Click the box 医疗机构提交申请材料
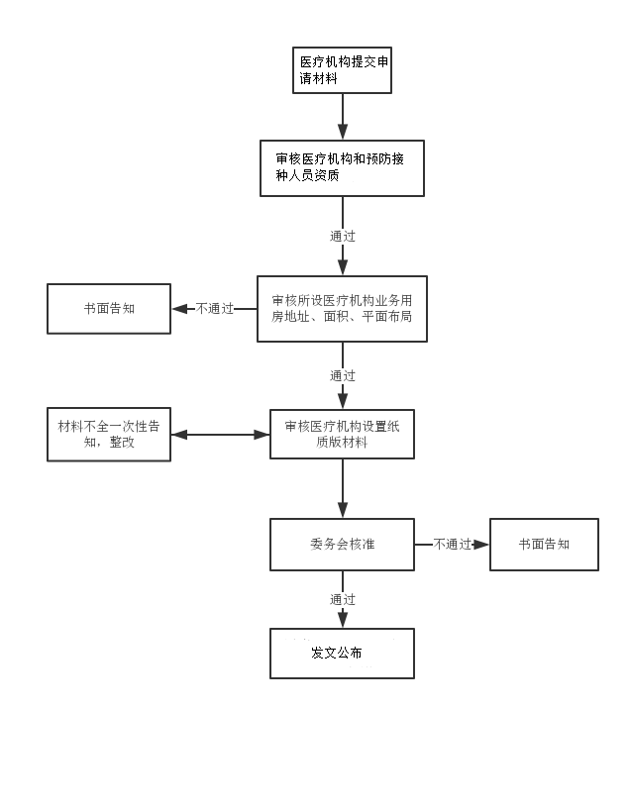click(342, 70)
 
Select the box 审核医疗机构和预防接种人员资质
click(342, 167)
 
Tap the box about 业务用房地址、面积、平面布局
click(342, 309)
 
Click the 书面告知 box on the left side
click(109, 309)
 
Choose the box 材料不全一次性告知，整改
click(109, 435)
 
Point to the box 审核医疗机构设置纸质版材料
click(342, 434)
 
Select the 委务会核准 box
click(342, 545)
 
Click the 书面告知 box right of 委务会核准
click(544, 545)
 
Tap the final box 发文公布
click(342, 654)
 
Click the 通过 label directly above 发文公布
click(343, 600)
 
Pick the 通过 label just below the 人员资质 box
click(343, 237)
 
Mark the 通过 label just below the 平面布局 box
click(343, 376)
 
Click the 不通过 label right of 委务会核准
click(452, 545)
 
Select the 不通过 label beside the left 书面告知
click(215, 309)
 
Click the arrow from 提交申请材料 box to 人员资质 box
click(343, 117)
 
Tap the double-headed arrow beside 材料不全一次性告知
click(220, 434)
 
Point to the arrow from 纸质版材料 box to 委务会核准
click(343, 488)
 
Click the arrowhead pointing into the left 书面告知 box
click(179, 309)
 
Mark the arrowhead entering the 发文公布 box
click(343, 620)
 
